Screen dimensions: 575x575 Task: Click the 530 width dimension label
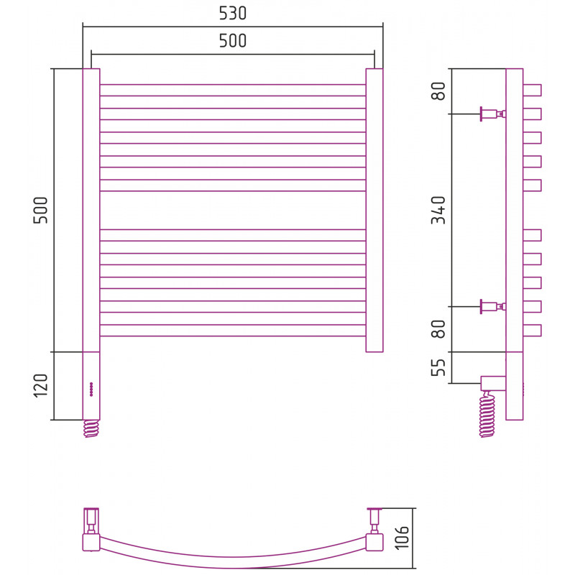tap(232, 13)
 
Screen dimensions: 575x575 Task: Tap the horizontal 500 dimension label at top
tap(232, 41)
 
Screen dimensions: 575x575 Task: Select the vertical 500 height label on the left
tap(41, 210)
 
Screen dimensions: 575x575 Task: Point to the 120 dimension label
tap(41, 386)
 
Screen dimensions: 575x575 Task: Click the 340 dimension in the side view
tap(438, 210)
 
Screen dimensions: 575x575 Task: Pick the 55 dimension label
tap(438, 367)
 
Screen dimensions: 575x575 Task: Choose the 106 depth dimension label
tap(402, 538)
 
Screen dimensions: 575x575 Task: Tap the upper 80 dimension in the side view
tap(438, 91)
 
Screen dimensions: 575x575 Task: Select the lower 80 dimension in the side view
tap(438, 329)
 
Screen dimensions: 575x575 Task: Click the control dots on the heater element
tap(91, 390)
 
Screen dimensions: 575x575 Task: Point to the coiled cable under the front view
tap(91, 428)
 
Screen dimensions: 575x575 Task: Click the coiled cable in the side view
tap(487, 415)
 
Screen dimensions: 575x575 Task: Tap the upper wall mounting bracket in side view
tap(493, 114)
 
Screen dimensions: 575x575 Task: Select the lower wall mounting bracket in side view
tap(493, 306)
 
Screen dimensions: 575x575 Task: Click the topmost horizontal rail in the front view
tap(233, 91)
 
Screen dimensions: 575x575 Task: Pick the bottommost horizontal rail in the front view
tap(233, 331)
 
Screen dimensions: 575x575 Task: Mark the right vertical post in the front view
tap(374, 210)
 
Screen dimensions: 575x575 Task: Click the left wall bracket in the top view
tap(91, 520)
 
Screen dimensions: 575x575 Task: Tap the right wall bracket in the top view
tap(374, 520)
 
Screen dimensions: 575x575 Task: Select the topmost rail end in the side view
tap(532, 91)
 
